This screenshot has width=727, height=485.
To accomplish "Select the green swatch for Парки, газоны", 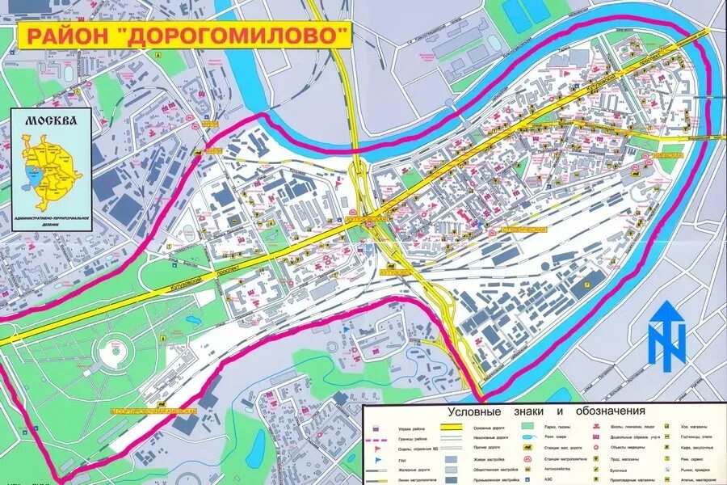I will [x=527, y=425].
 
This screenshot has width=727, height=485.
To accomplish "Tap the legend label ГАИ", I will [x=401, y=459].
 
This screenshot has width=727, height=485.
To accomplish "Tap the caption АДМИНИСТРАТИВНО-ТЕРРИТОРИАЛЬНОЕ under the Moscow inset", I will [x=52, y=219].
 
